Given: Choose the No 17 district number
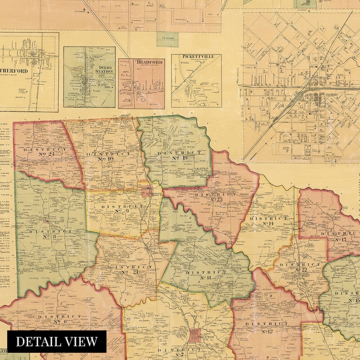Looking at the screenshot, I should (341, 239).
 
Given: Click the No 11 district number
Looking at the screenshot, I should (205, 277).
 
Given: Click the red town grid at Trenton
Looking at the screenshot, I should (195, 336).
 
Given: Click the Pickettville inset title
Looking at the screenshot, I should (196, 57).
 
